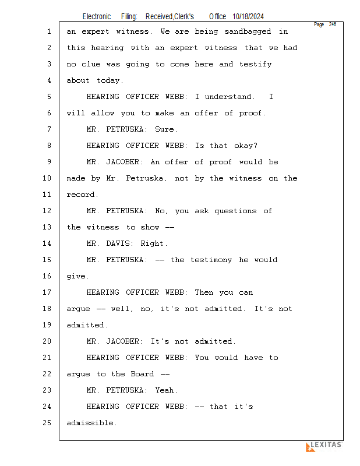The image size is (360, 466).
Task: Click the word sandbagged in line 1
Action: [x=248, y=32]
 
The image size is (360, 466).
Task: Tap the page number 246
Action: [x=333, y=24]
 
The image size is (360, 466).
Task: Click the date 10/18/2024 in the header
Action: [x=248, y=17]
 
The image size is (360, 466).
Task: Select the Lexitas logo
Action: [x=324, y=446]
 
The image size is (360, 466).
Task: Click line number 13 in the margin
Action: [x=47, y=227]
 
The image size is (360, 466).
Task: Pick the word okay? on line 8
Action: [x=246, y=146]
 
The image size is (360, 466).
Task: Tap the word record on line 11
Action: [x=80, y=195]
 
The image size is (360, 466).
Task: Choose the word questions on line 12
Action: [x=235, y=211]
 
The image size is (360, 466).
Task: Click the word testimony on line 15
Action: [x=211, y=260]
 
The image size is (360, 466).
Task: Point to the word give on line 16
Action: [x=76, y=276]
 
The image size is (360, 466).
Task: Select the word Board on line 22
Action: [x=142, y=374]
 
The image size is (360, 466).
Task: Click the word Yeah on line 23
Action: [x=164, y=390]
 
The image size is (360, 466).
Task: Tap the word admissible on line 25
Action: [x=90, y=423]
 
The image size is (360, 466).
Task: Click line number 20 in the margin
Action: [x=47, y=341]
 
